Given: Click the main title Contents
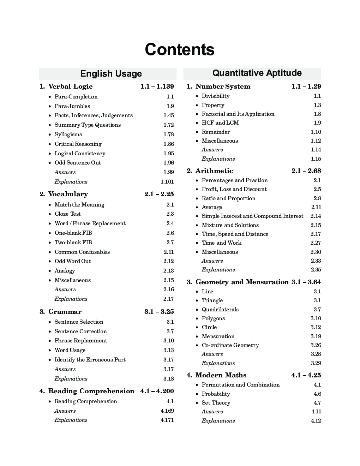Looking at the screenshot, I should tap(179, 49).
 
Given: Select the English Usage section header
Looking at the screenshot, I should tap(111, 74).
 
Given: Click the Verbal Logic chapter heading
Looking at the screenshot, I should tap(70, 86).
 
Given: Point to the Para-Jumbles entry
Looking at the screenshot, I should tap(72, 106).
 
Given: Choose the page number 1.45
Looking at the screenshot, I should tap(168, 115).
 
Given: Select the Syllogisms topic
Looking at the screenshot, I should tap(68, 135).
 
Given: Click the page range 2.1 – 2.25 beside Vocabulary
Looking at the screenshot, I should tap(159, 194).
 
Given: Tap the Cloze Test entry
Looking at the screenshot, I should tap(67, 214).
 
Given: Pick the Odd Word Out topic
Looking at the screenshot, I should tap(73, 261).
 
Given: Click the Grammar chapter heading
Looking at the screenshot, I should tap(65, 312).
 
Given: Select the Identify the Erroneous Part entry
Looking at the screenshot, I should tap(90, 360).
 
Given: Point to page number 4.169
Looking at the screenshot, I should tap(167, 411).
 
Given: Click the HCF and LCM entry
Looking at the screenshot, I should tap(220, 123).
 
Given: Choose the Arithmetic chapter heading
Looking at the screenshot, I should tap(214, 171).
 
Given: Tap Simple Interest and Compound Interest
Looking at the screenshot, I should tap(252, 216).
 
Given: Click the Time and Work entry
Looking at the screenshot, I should tap(222, 243).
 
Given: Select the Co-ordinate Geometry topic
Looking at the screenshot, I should tap(230, 345).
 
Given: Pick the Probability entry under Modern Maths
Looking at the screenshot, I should tap(216, 394).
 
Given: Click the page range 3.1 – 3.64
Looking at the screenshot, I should tap(306, 282).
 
